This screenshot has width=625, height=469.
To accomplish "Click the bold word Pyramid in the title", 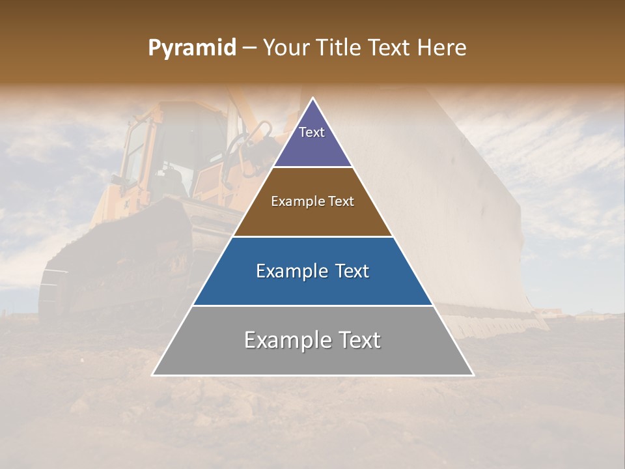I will [192, 48].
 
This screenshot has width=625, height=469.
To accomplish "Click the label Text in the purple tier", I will [312, 132].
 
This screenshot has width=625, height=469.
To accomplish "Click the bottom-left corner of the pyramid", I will [153, 375].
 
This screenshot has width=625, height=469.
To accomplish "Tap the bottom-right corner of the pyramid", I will [473, 375].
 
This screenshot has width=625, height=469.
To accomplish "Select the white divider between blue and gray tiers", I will [312, 306].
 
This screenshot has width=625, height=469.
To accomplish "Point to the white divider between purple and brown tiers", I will [312, 167].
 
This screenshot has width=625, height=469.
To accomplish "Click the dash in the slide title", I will [249, 48].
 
